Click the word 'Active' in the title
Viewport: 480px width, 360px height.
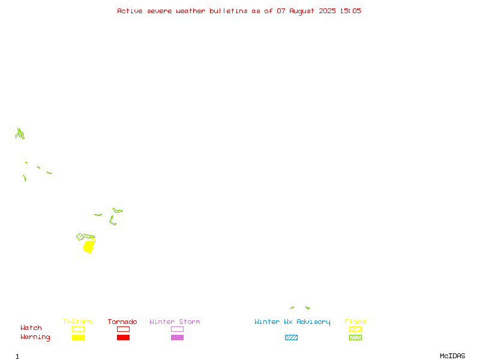130,11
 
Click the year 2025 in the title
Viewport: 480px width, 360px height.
327,11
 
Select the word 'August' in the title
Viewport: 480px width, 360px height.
302,11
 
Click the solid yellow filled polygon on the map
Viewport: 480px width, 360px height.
89,247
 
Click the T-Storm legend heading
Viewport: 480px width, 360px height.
77,322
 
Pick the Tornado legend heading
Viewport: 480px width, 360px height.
122,322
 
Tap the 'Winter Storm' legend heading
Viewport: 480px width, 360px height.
175,322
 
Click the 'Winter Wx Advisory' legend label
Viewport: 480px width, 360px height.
292,322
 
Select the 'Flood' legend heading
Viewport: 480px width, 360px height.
355,322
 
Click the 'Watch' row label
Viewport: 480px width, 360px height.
31,328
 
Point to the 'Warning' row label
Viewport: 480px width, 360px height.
35,337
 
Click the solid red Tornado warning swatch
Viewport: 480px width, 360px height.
124,337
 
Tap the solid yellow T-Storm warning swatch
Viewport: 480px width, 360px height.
79,337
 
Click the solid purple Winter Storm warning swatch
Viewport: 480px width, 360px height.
177,337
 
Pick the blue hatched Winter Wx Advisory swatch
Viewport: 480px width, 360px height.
291,337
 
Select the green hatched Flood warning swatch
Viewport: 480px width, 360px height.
355,337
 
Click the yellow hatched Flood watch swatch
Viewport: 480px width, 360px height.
355,329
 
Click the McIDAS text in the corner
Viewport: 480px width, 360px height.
452,356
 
